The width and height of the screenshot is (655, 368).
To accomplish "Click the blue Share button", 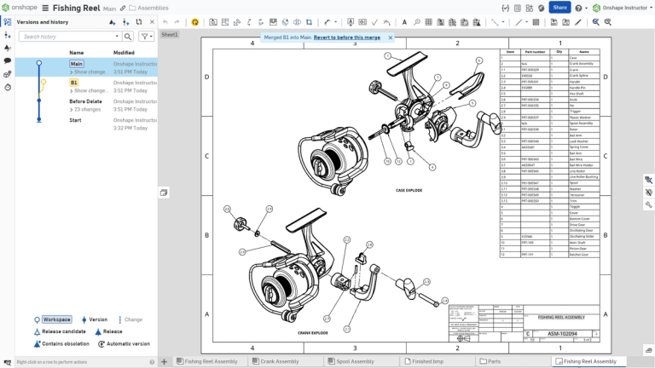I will tap(559, 8).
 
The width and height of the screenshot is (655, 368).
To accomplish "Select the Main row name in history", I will tap(77, 63).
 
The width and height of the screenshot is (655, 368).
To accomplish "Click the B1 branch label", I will tap(74, 82).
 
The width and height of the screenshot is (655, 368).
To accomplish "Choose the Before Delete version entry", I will tap(85, 101).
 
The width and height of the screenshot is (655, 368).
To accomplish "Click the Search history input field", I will tap(68, 37).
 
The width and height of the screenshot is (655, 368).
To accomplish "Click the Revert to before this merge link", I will tap(346, 37).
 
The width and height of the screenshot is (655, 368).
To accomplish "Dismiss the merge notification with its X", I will tap(391, 37).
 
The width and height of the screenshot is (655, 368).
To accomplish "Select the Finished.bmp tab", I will tap(426, 361).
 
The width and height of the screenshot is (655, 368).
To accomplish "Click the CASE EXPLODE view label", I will tap(410, 190).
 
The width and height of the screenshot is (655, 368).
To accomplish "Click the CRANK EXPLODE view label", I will tap(313, 333).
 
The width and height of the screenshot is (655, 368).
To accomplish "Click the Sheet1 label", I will tap(170, 35).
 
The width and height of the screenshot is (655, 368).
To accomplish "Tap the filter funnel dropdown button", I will tap(147, 37).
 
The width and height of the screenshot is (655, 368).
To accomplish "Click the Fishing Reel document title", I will tap(78, 8).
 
